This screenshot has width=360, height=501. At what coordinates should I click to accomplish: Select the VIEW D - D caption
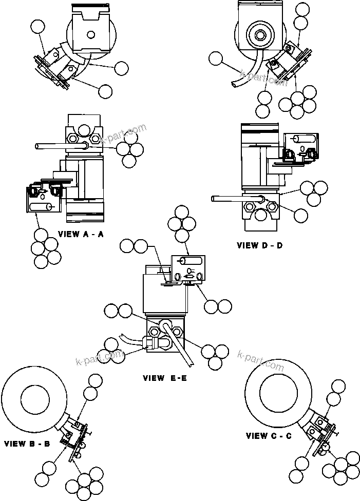(259, 245)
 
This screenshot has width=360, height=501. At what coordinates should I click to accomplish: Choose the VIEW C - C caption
(269, 436)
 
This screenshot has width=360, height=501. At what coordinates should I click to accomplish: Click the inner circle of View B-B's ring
(35, 401)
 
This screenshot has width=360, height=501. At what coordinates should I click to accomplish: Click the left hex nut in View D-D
(249, 207)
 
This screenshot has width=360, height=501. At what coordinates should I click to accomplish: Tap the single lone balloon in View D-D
(301, 215)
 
